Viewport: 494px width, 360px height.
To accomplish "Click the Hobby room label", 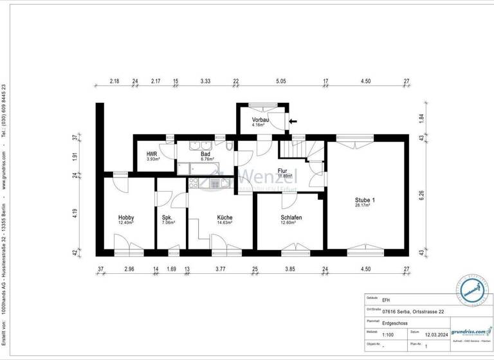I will pyautogui.click(x=126, y=218).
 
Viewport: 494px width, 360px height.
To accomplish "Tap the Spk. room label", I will pyautogui.click(x=168, y=218).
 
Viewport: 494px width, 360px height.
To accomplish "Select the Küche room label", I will pyautogui.click(x=224, y=218).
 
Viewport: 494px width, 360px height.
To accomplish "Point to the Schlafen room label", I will pyautogui.click(x=291, y=218).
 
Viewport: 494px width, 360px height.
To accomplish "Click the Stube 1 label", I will pyautogui.click(x=365, y=201).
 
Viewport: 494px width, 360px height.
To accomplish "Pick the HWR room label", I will pyautogui.click(x=152, y=154).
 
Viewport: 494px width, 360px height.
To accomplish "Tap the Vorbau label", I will pyautogui.click(x=261, y=120).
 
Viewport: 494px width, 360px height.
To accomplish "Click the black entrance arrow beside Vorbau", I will pyautogui.click(x=293, y=120).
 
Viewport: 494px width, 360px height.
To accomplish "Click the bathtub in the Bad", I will pyautogui.click(x=198, y=169).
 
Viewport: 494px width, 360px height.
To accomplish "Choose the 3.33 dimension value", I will pyautogui.click(x=206, y=82).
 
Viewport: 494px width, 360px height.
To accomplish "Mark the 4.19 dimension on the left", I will pyautogui.click(x=75, y=213).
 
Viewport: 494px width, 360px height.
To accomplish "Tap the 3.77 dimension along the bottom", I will pyautogui.click(x=221, y=269).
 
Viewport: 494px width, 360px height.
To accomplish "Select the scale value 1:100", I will pyautogui.click(x=389, y=334).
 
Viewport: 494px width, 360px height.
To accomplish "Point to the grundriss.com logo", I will pyautogui.click(x=470, y=331).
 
